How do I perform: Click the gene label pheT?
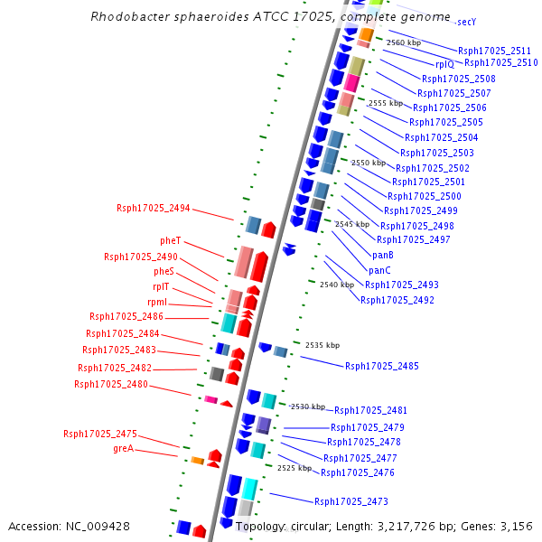tap(171, 240)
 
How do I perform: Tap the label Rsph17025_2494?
tap(154, 208)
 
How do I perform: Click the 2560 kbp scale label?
tap(404, 42)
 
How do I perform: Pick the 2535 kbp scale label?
tap(322, 345)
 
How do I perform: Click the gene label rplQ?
tap(445, 64)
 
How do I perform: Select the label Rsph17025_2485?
tap(382, 366)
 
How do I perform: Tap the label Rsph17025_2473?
tap(351, 501)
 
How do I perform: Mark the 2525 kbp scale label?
tap(294, 468)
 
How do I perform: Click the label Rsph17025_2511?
tap(495, 51)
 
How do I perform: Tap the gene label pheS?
tap(164, 271)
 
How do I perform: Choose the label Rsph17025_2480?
tap(111, 384)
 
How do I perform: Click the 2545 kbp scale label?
tap(352, 224)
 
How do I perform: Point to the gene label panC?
tap(379, 270)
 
